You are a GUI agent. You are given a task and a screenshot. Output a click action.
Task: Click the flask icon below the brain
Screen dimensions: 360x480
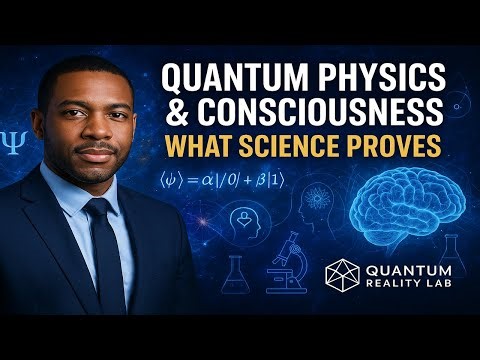coord(455,256)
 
